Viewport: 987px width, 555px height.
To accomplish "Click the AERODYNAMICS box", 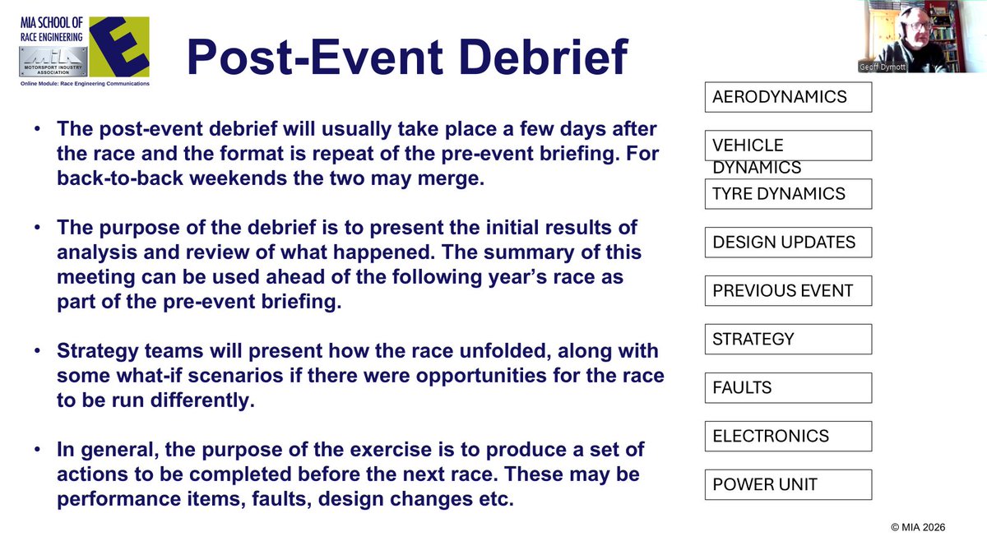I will pos(787,97).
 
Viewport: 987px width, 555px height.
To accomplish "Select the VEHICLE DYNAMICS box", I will pos(787,146).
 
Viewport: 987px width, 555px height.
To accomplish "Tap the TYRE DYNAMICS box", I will pos(787,194).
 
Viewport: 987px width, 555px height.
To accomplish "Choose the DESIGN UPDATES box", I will pos(787,243).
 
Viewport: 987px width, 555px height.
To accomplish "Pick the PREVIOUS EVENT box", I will pos(787,291).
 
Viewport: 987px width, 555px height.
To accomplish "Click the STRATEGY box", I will pos(787,339).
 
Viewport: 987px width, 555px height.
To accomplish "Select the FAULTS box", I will pos(787,387).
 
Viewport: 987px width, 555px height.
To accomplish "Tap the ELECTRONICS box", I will pos(787,436).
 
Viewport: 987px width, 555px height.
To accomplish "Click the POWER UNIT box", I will pos(787,484).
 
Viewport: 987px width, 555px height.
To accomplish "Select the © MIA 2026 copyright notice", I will pos(917,529).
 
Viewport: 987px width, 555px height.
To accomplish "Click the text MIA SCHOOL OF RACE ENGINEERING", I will pos(51,28).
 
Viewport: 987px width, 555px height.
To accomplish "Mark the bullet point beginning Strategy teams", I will pos(39,352).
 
